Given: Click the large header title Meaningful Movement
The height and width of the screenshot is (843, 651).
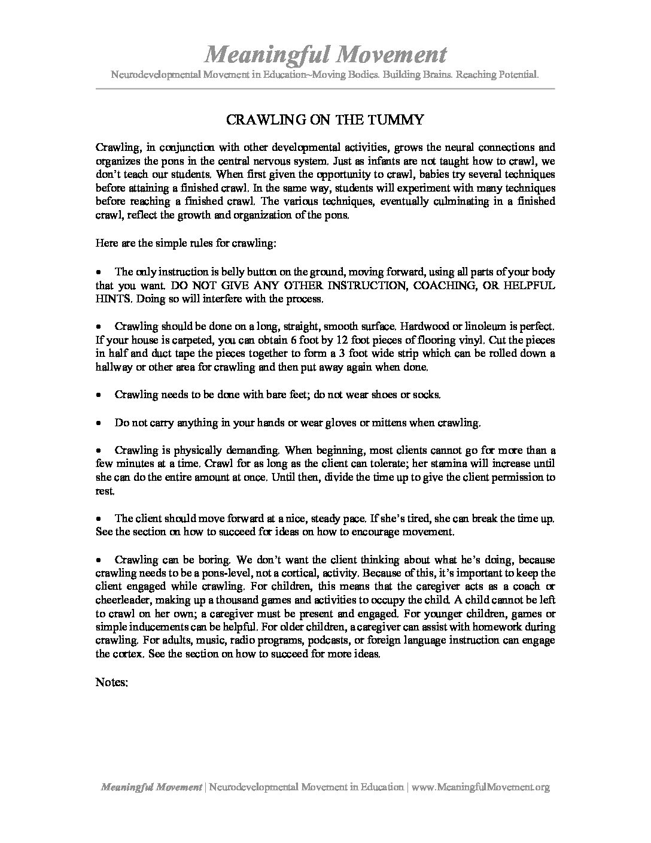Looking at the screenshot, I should pos(325,55).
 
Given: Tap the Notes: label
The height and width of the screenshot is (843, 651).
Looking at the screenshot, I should pos(112,682).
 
